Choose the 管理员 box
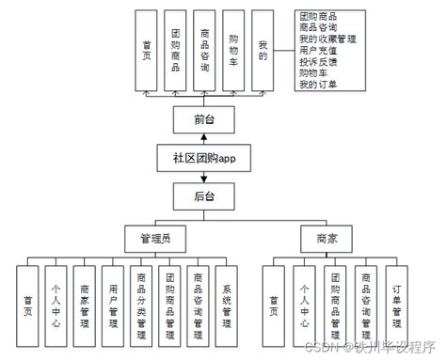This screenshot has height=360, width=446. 154,239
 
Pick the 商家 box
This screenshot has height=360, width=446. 327,239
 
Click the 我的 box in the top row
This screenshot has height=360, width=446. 263,51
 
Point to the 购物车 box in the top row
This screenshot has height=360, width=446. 233,51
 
